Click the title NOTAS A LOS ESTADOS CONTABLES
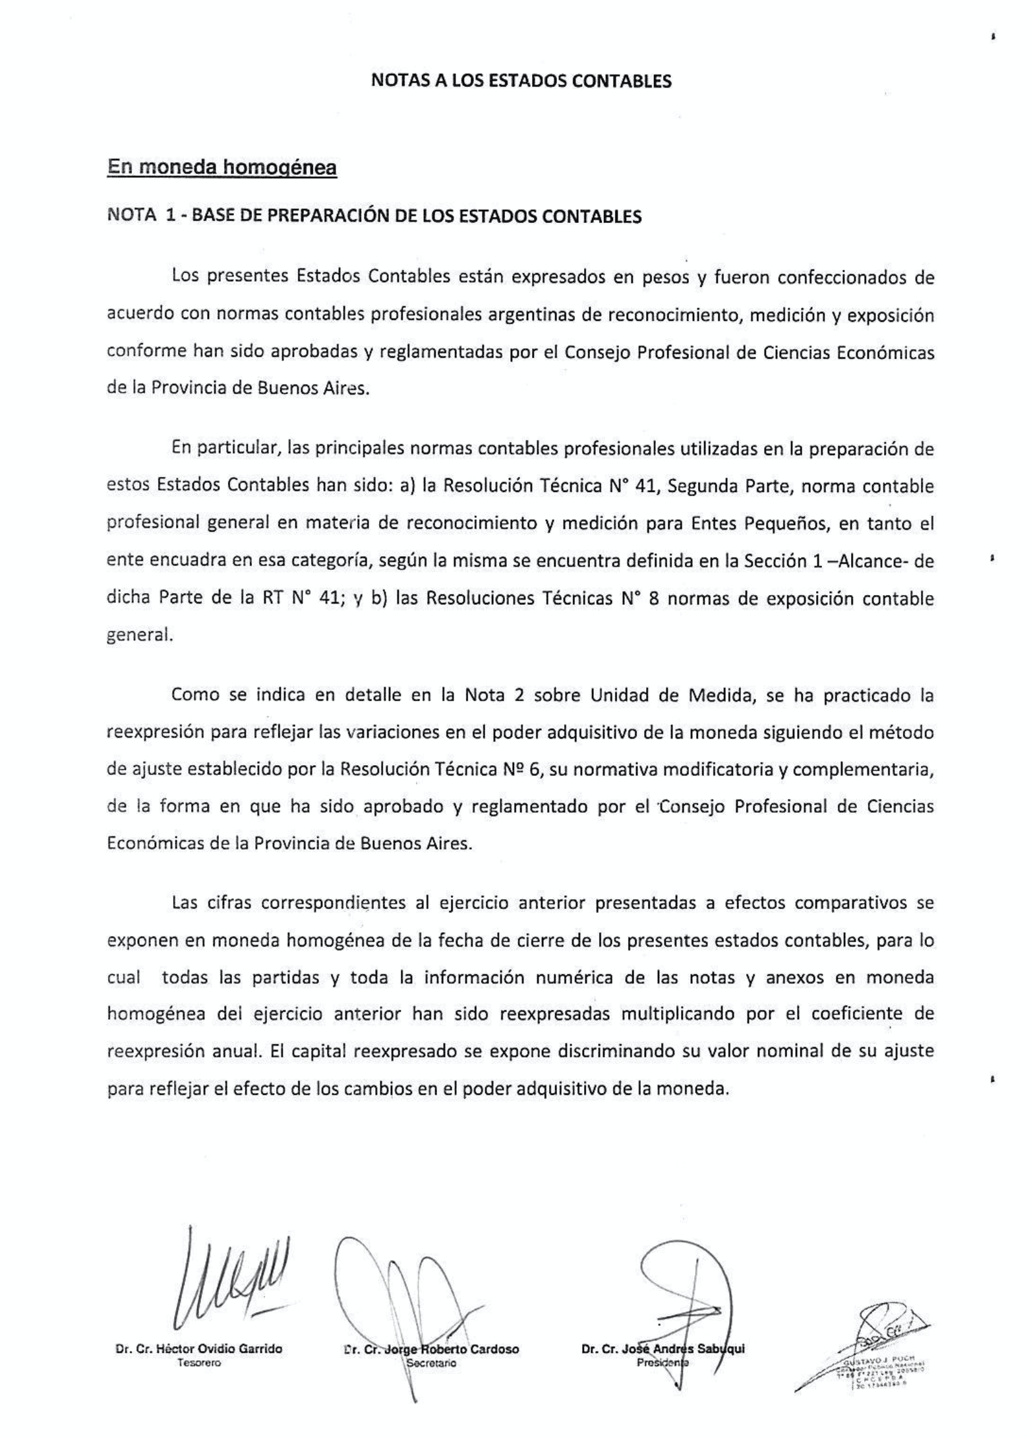pos(521,81)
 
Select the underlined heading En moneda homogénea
pos(221,168)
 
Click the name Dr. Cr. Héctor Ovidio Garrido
pos(199,1349)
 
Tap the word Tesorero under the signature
pos(199,1362)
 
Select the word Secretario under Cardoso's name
pos(432,1363)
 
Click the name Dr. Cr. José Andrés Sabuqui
pos(663,1349)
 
